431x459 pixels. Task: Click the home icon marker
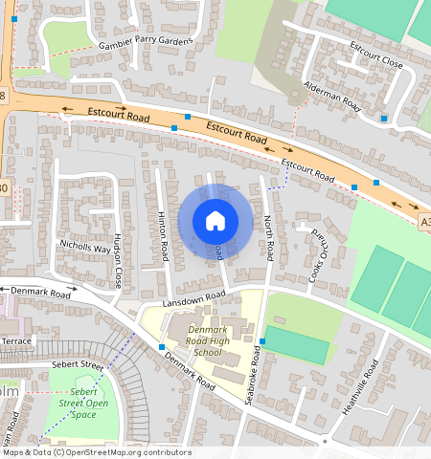tap(215, 221)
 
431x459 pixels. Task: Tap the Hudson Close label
tap(118, 261)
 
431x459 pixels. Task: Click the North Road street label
tap(269, 238)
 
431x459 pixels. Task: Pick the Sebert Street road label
tap(78, 365)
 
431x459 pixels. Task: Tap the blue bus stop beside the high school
tap(261, 341)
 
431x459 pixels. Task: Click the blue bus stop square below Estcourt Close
tap(383, 119)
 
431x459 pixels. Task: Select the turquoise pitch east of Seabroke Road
tap(300, 345)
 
